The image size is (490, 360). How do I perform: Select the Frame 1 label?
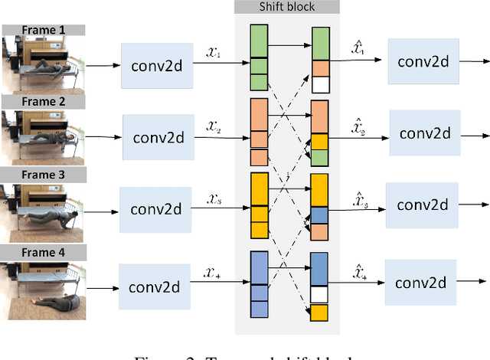coord(42,31)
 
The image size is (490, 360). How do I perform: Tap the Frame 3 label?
coord(42,175)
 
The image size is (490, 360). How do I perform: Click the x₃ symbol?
coord(214,199)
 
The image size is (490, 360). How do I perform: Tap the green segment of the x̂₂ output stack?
coord(320,157)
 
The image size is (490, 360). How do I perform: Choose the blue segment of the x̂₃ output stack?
coord(320,216)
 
